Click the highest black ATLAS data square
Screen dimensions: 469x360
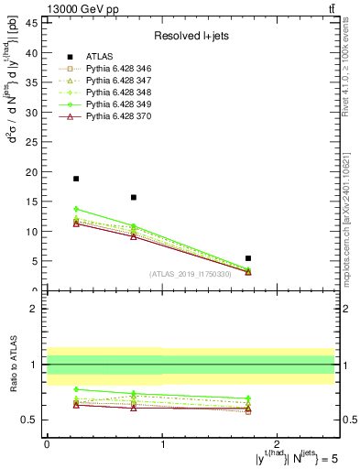76,179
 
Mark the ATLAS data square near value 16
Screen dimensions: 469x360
134,197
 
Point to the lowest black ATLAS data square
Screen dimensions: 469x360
248,258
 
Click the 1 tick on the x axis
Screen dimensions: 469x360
162,444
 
